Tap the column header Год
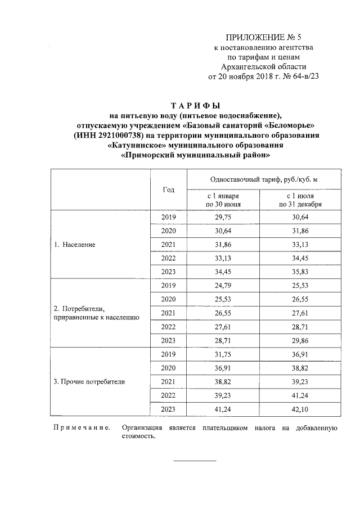(168, 190)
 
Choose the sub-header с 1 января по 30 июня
(223, 199)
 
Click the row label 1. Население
(75, 245)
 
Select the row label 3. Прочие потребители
(89, 382)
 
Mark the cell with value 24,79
(223, 286)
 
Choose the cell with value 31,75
(223, 354)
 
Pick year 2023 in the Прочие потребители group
(168, 409)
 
